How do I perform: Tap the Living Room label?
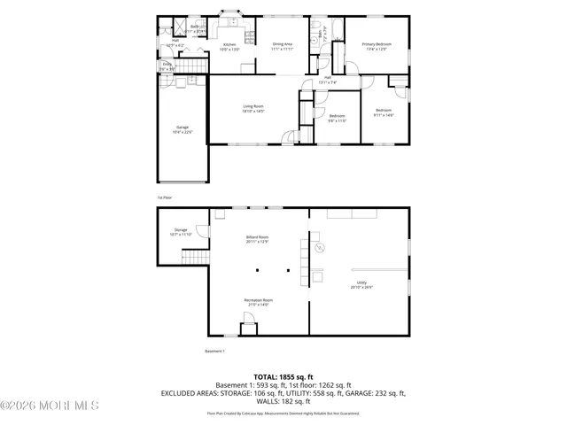coord(253,109)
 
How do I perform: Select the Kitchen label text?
coord(229,47)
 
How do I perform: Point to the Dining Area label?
coord(282,47)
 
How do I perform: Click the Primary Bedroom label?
coord(377,47)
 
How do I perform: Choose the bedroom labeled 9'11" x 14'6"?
coord(383,112)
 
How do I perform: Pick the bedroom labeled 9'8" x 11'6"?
coord(338,118)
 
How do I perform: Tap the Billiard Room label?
coord(257,240)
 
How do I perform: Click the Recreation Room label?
coord(258,302)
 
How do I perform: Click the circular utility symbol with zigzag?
coord(321,247)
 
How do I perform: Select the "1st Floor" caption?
coord(164,197)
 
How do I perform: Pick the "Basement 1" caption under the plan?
coord(215,352)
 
